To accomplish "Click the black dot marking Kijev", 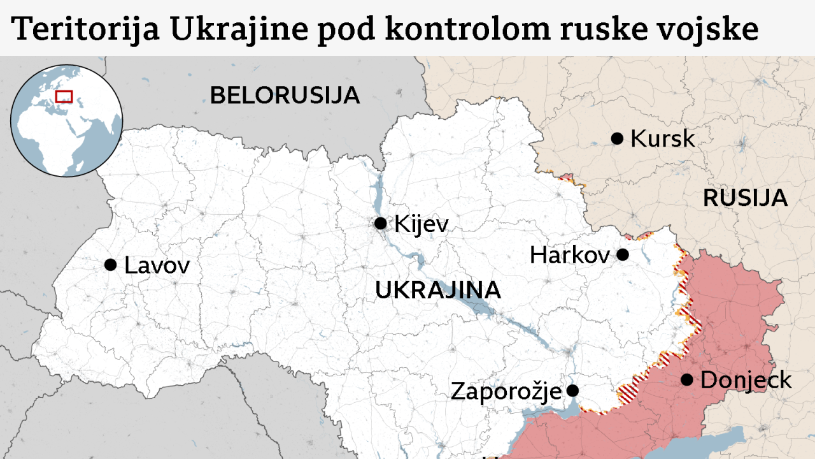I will tap(380, 223).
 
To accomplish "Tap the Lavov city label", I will tap(157, 265).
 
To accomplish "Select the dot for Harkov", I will tap(623, 255).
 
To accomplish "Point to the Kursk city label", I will tap(662, 139).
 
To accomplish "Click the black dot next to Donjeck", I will tap(686, 380).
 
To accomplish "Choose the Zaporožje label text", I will tap(506, 391).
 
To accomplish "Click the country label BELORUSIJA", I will tap(285, 96).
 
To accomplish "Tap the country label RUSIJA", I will tap(745, 198).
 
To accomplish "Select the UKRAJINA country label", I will tap(437, 290).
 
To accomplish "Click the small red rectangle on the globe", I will tap(64, 96).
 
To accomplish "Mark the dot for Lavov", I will tap(110, 265).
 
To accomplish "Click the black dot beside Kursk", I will tap(616, 138).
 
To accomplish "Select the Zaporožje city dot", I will tap(572, 390).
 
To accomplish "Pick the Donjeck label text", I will tap(746, 381).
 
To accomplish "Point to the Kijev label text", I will tap(421, 224).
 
